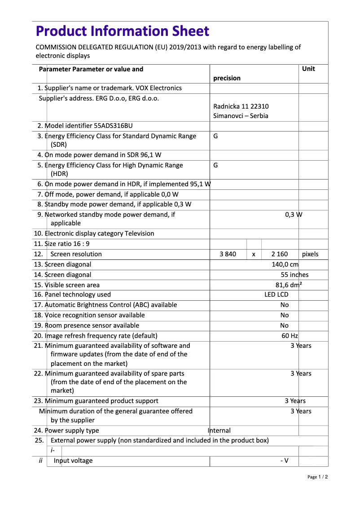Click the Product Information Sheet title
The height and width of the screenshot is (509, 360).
click(x=122, y=31)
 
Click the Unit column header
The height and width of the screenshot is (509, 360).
click(x=308, y=69)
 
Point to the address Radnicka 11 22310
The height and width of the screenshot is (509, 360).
click(x=241, y=106)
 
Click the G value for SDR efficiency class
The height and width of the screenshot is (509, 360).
click(x=215, y=136)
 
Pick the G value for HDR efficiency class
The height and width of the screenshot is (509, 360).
click(x=215, y=165)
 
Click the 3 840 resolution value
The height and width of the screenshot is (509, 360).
click(x=228, y=254)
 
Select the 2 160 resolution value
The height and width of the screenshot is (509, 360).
click(x=280, y=254)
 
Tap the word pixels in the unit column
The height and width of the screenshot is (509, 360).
click(x=310, y=254)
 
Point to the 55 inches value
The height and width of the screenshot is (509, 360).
click(x=294, y=275)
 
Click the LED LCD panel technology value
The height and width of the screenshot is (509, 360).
click(x=276, y=294)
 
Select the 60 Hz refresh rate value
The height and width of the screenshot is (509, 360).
click(x=290, y=336)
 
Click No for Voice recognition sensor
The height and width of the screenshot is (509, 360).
click(x=284, y=315)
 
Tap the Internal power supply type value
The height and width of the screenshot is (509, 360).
click(x=220, y=430)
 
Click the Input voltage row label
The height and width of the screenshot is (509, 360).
click(x=73, y=461)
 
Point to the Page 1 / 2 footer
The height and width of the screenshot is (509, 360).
click(x=317, y=477)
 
